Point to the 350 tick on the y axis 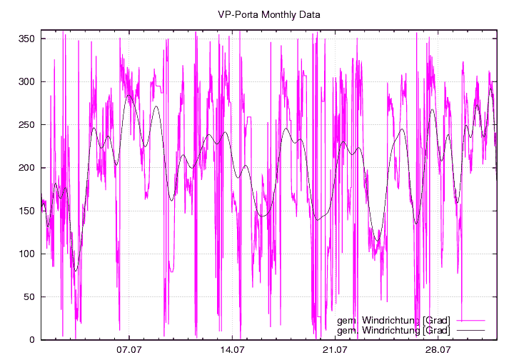(x=27, y=39)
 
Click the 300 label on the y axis (x=27, y=81)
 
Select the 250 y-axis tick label (x=27, y=124)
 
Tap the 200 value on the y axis (x=27, y=168)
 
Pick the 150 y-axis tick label (x=27, y=211)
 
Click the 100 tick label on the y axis (x=27, y=254)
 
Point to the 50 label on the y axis (x=30, y=296)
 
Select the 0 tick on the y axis (x=33, y=340)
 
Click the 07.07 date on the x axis (x=129, y=350)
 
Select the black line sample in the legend (x=475, y=331)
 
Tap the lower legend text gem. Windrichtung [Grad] (x=393, y=331)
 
